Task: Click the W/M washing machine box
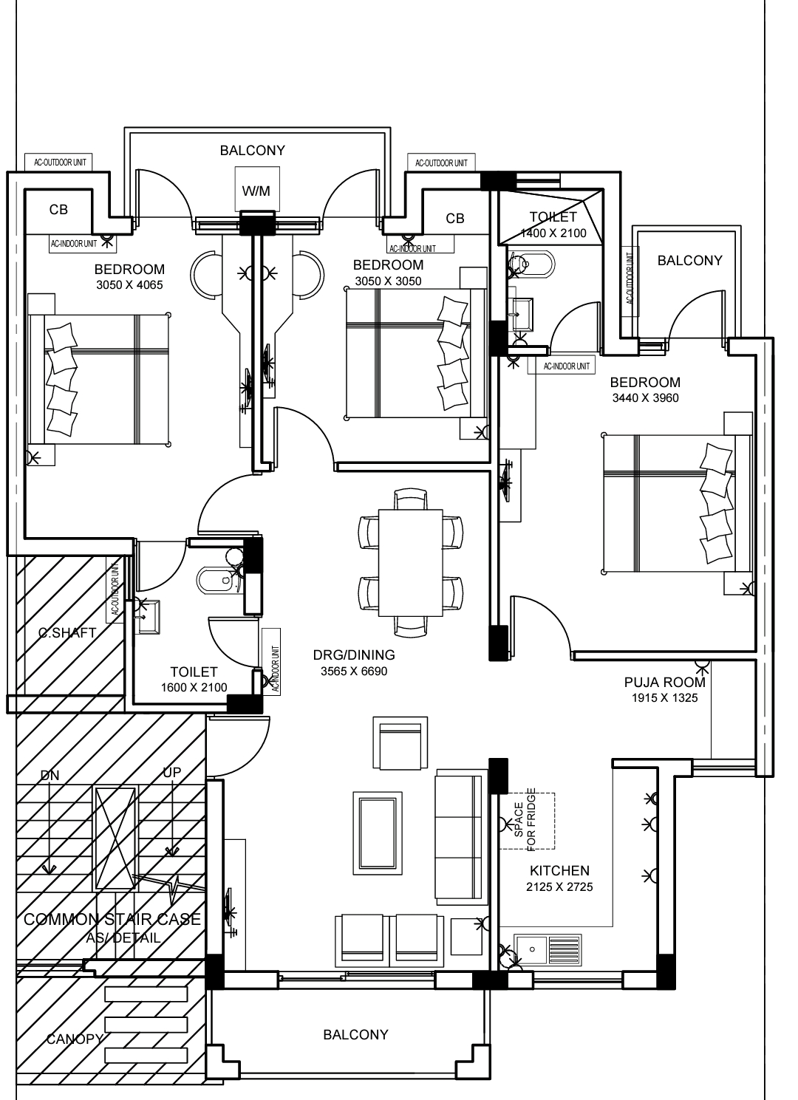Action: (x=256, y=191)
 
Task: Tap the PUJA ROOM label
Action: (x=664, y=683)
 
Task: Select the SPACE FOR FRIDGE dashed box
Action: (x=527, y=821)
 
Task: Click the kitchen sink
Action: (x=548, y=948)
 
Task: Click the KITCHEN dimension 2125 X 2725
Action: (x=559, y=887)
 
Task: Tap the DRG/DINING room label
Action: (x=354, y=655)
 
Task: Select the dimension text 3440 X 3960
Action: (x=645, y=398)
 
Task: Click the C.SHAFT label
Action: (x=67, y=632)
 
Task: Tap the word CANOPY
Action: (x=75, y=1039)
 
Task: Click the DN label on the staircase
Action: (x=50, y=775)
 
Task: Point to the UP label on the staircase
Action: (x=171, y=773)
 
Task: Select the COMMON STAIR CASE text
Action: (x=112, y=919)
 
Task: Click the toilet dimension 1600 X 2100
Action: (x=194, y=688)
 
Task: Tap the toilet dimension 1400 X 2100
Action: (x=553, y=233)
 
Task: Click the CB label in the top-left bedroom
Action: (x=58, y=210)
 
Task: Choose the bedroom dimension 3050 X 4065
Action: (x=129, y=285)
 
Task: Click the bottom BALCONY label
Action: (x=355, y=1034)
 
